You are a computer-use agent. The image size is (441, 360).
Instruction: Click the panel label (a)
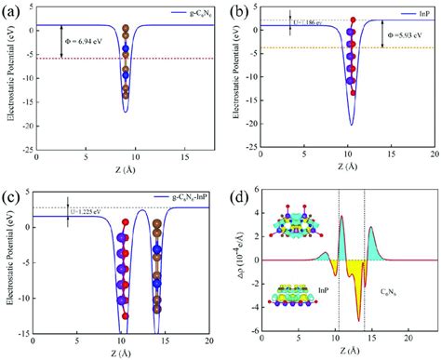pyautogui.click(x=14, y=10)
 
